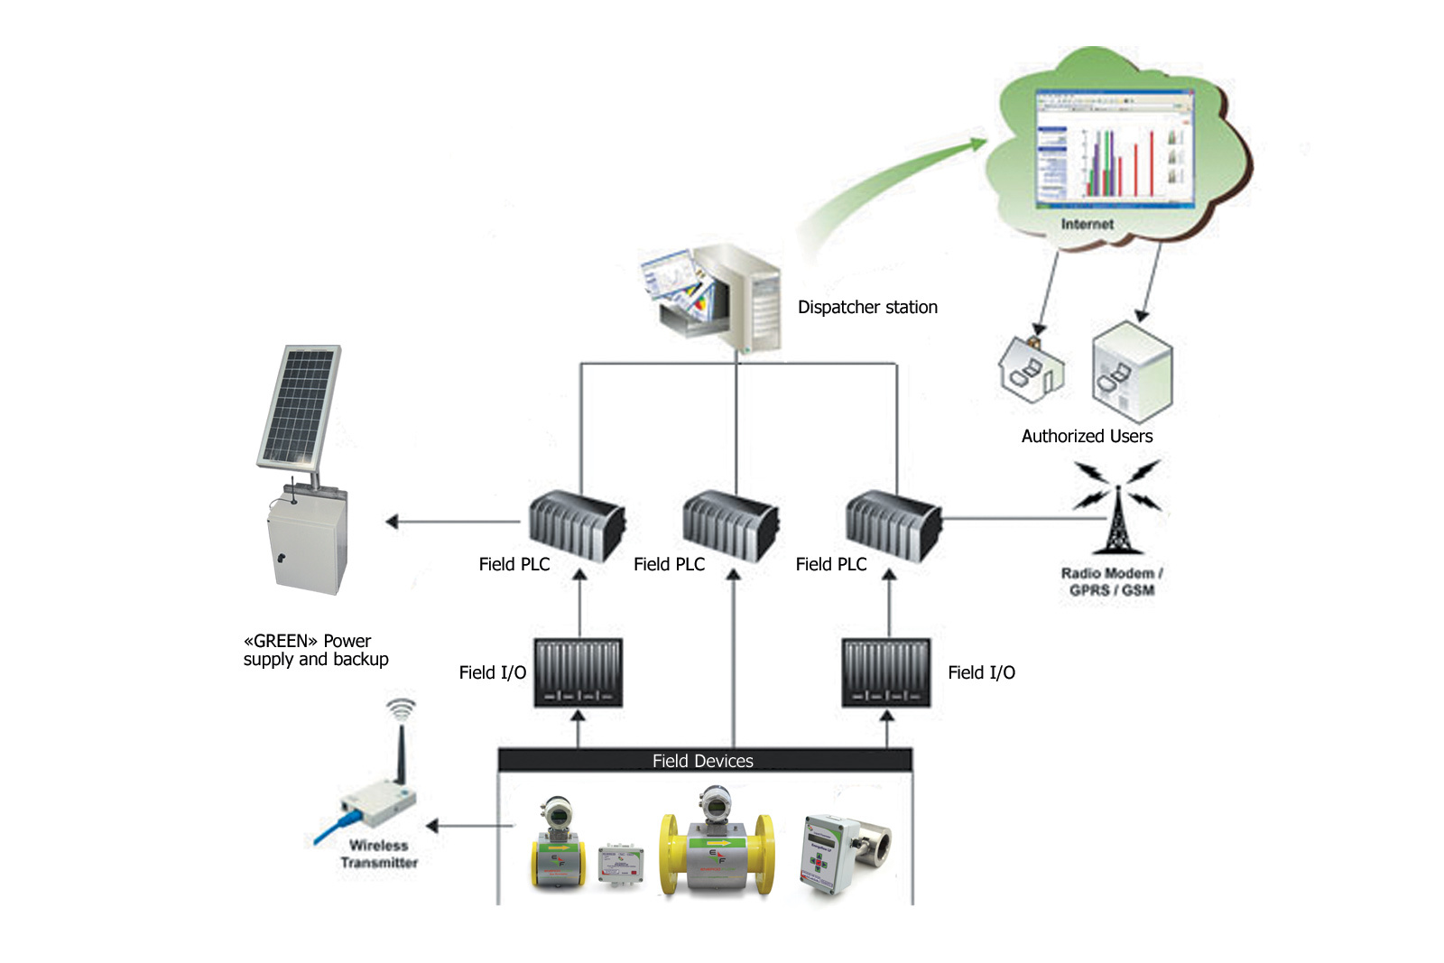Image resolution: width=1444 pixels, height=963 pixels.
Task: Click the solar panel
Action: point(299,406)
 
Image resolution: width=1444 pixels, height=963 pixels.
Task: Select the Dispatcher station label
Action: point(866,308)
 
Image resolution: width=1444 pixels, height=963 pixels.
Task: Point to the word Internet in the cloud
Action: point(1087,224)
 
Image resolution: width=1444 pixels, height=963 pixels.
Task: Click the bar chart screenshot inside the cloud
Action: point(1115,148)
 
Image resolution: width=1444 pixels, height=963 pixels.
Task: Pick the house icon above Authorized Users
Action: point(1031,369)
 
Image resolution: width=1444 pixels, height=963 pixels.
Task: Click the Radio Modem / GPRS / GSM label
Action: point(1111,581)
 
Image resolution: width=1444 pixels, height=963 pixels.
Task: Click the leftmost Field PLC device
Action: point(575,525)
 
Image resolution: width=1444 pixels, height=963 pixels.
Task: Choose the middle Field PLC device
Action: point(729,525)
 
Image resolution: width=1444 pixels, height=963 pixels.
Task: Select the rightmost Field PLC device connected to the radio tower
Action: point(892,525)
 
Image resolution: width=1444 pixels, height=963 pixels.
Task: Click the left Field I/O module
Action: point(578,672)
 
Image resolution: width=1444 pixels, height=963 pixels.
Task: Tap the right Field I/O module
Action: point(885,672)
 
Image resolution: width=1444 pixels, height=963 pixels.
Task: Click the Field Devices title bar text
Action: point(702,761)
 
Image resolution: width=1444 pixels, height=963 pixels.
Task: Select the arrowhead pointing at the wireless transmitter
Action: point(432,825)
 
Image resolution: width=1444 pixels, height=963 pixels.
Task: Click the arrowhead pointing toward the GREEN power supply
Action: point(392,522)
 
